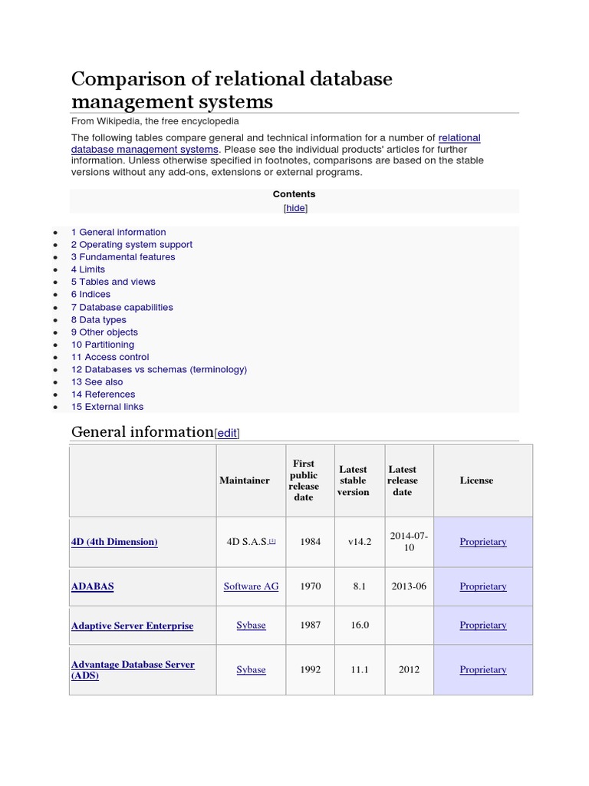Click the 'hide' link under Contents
pyautogui.click(x=295, y=208)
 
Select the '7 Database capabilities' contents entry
pyautogui.click(x=122, y=307)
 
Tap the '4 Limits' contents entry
pyautogui.click(x=88, y=269)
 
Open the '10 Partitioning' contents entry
pyautogui.click(x=103, y=345)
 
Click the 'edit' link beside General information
pyautogui.click(x=227, y=434)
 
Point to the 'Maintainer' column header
pyautogui.click(x=245, y=481)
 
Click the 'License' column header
pyautogui.click(x=476, y=481)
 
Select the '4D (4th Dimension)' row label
pyautogui.click(x=114, y=542)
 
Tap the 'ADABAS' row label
pyautogui.click(x=92, y=586)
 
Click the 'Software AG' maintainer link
pyautogui.click(x=251, y=586)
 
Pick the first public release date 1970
pyautogui.click(x=311, y=586)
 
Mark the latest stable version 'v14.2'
pyautogui.click(x=360, y=542)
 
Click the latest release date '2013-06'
pyautogui.click(x=409, y=586)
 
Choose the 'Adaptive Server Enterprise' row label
pyautogui.click(x=132, y=626)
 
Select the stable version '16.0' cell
pyautogui.click(x=360, y=626)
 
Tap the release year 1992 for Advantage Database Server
pyautogui.click(x=311, y=670)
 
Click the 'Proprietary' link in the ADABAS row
pyautogui.click(x=483, y=586)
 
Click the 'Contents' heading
pyautogui.click(x=294, y=194)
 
